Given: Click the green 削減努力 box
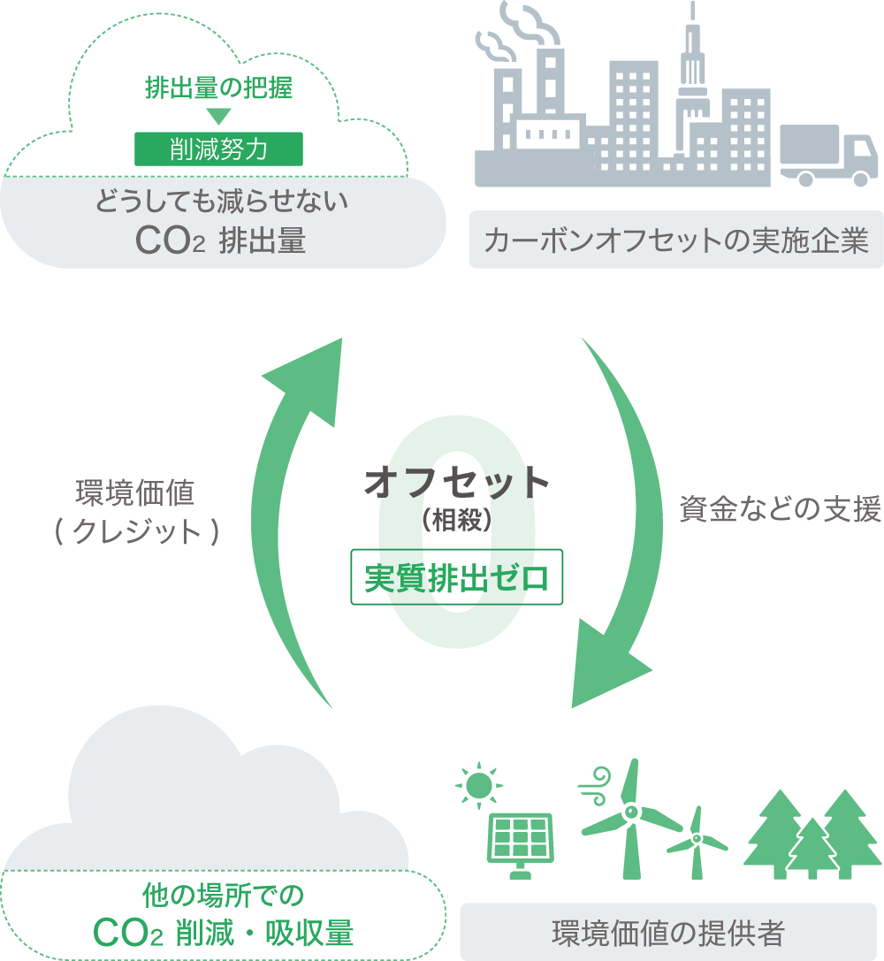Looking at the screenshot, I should point(218,149).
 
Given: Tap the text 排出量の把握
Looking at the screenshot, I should point(218,89).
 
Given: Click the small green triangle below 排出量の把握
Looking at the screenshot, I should point(218,116).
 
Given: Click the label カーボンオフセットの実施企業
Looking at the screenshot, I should point(676,240).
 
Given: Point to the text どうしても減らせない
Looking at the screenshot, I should point(221,202).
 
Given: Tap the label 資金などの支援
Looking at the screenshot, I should point(781,510).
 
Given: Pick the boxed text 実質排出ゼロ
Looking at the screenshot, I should point(457,579).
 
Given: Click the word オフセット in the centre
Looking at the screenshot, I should point(457,483).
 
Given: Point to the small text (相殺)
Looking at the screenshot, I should point(457,521).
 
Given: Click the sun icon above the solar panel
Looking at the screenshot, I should point(479,784).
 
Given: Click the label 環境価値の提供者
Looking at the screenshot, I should point(668,933).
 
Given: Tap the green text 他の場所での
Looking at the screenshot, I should point(223,896).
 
